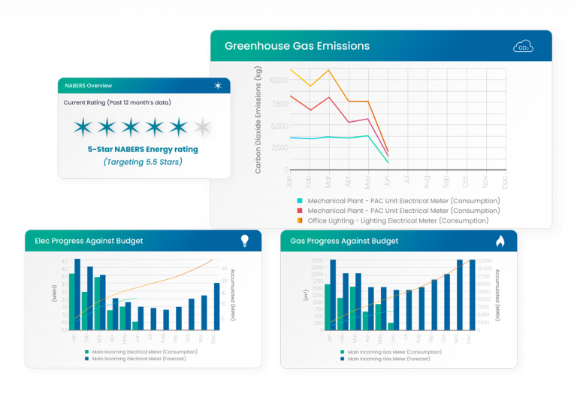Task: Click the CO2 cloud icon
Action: [x=523, y=47]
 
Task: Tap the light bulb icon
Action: [x=244, y=241]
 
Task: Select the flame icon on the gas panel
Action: [x=500, y=241]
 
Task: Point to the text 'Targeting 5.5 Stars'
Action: [x=143, y=162]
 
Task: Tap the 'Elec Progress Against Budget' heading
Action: [x=89, y=241]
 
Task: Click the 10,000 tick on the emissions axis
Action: [x=278, y=80]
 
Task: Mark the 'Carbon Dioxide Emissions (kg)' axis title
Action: [x=258, y=120]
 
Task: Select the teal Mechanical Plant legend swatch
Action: [x=301, y=201]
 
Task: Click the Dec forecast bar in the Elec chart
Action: [x=216, y=306]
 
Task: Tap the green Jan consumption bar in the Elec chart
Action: [x=72, y=302]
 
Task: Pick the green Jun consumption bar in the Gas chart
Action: [x=391, y=326]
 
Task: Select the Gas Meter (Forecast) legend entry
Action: [x=390, y=359]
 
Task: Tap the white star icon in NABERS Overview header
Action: [x=218, y=86]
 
